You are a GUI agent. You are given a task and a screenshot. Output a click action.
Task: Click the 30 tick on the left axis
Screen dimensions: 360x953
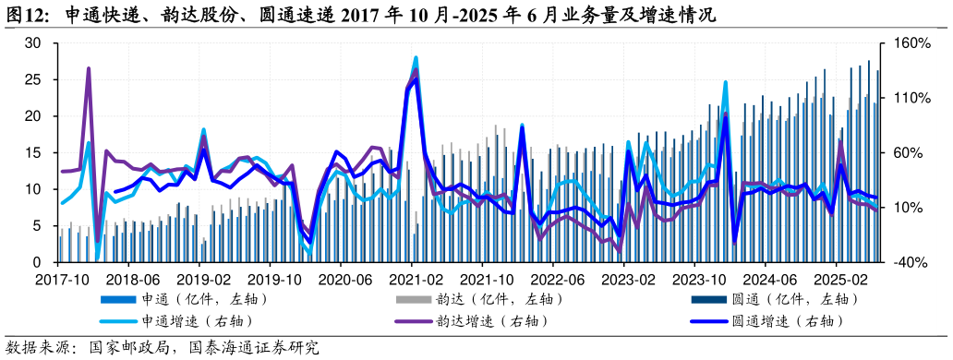pyautogui.click(x=33, y=43)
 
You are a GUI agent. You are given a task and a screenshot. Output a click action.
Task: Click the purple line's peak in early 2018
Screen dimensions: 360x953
pyautogui.click(x=89, y=68)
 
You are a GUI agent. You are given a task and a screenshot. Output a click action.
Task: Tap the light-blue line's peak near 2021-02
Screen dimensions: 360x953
pyautogui.click(x=416, y=57)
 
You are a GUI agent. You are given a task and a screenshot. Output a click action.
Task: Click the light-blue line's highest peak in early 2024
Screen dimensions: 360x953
pyautogui.click(x=726, y=82)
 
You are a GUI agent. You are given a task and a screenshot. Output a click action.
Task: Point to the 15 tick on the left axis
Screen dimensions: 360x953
pyautogui.click(x=33, y=153)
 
